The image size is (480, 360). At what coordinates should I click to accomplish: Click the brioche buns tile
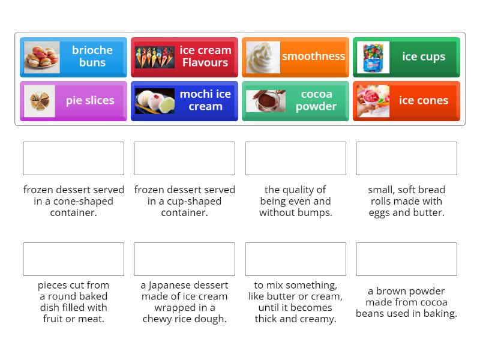[x=73, y=57]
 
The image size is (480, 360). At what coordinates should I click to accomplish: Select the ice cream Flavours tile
[x=184, y=57]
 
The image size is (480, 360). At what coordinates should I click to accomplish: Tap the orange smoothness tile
[x=295, y=57]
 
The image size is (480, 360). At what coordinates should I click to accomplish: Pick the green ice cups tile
[x=406, y=57]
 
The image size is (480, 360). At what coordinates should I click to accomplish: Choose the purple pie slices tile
[x=73, y=101]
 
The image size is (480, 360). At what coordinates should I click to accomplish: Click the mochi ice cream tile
[x=184, y=101]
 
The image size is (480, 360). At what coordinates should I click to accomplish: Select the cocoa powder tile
[x=295, y=101]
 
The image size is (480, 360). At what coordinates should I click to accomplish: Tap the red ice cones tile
[x=406, y=101]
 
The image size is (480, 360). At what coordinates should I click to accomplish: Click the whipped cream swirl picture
[x=263, y=57]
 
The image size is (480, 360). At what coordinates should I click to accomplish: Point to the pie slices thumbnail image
[x=40, y=101]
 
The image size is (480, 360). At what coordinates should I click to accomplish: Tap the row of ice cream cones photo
[x=155, y=57]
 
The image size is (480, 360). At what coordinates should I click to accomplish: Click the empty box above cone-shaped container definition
[x=73, y=158]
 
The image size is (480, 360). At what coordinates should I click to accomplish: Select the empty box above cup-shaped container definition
[x=184, y=158]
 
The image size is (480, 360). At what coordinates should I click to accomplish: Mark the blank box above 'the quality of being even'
[x=295, y=158]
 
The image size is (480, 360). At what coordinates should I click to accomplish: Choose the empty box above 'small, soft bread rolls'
[x=406, y=158]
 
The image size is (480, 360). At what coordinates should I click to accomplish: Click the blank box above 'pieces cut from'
[x=73, y=259]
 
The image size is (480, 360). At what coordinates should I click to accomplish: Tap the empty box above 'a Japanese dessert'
[x=184, y=259]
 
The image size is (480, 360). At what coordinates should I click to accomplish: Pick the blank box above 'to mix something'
[x=295, y=259]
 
